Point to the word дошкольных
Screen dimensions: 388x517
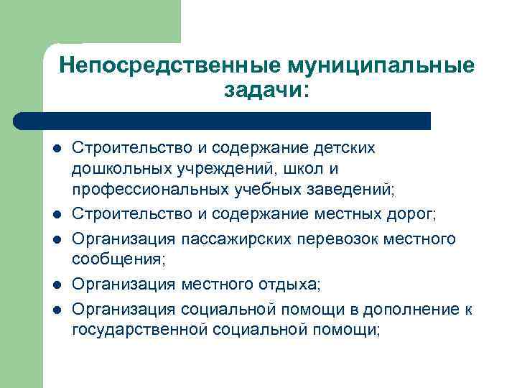pyautogui.click(x=118, y=170)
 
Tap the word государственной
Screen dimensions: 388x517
pyautogui.click(x=139, y=331)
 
